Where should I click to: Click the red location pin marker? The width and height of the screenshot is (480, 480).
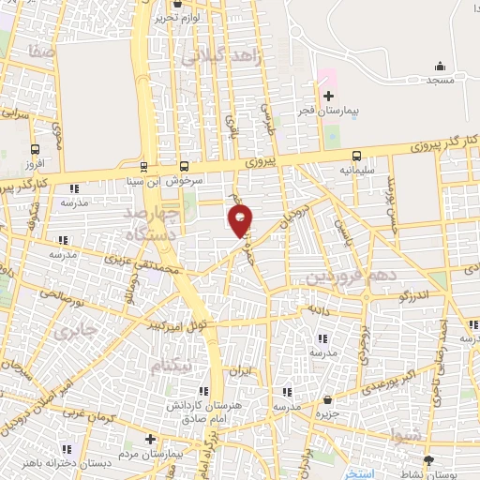[x=240, y=221]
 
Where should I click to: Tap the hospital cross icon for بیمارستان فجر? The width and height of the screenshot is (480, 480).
[x=328, y=96]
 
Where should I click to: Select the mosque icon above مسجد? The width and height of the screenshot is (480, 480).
[x=440, y=66]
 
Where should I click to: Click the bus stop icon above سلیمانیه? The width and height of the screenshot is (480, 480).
[x=356, y=157]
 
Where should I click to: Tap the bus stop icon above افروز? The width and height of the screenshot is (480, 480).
[x=35, y=149]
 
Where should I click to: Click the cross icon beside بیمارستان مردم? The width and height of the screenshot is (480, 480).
[x=150, y=438]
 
